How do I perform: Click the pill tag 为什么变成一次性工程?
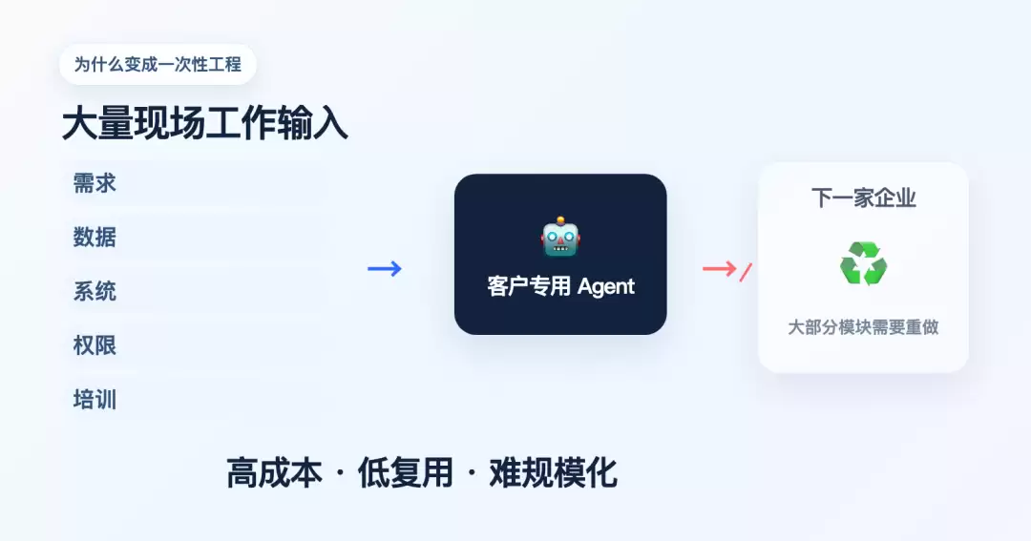point(158,65)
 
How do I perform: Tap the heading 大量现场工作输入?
point(204,124)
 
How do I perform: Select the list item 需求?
point(95,183)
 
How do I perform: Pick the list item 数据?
point(95,237)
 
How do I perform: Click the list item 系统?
point(95,291)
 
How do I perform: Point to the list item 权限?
point(95,345)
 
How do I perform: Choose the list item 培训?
point(95,400)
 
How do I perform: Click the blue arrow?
point(385,268)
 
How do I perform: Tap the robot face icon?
point(560,237)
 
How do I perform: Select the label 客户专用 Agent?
point(561,286)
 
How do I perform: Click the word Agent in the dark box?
point(606,287)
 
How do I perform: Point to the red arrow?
point(720,268)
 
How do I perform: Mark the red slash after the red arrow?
point(746,272)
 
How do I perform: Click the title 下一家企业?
point(863,198)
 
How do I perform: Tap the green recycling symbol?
point(863,263)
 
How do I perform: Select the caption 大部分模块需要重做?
point(863,327)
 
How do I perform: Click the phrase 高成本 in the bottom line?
point(274,472)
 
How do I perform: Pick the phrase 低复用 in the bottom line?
point(406,472)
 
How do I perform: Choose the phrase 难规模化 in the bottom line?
point(553,472)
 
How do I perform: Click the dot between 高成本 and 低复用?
point(340,472)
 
